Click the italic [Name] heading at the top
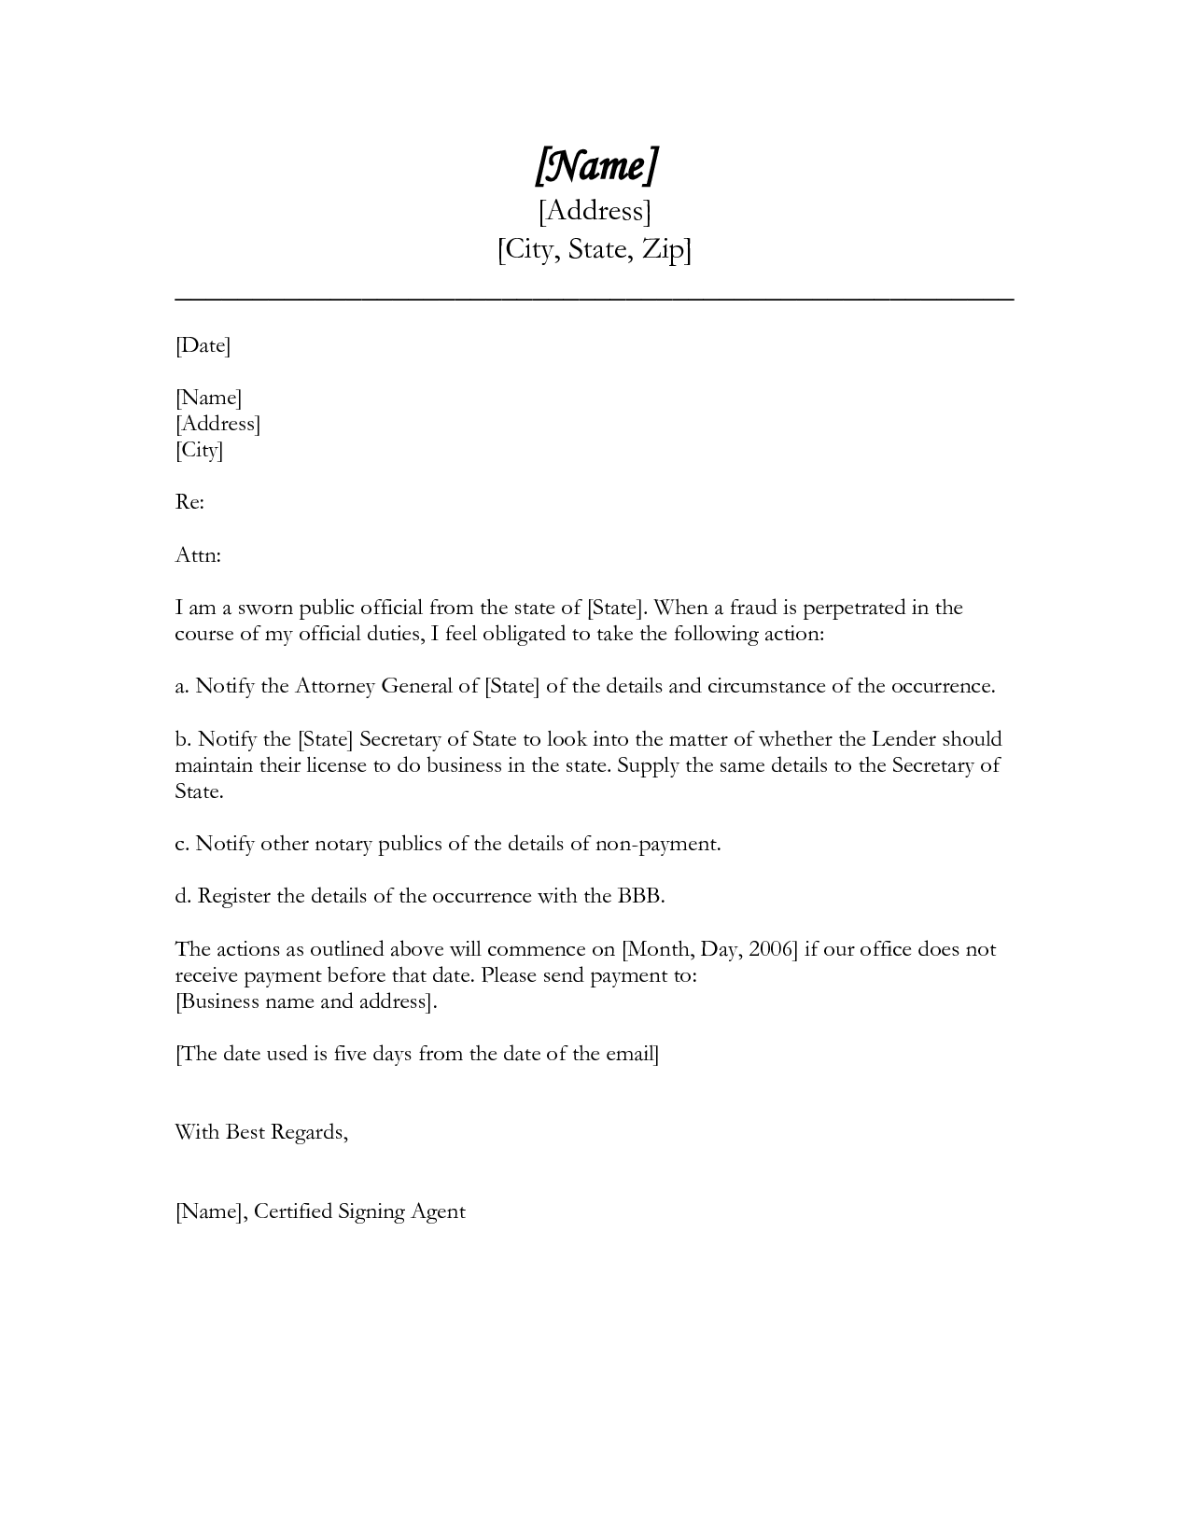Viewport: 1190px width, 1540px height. point(595,165)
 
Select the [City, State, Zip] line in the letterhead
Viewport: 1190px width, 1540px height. point(595,250)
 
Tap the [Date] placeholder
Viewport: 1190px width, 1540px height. point(203,346)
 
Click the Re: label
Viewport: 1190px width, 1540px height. point(189,502)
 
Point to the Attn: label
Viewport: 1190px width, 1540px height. point(198,555)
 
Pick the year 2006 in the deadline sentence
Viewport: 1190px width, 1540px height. point(769,949)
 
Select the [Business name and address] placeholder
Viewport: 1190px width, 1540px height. point(305,1002)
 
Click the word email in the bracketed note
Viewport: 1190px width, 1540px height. point(631,1054)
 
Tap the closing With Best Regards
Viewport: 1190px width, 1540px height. point(261,1132)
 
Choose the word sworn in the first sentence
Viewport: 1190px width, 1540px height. point(265,608)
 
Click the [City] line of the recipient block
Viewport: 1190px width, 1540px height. point(199,451)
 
